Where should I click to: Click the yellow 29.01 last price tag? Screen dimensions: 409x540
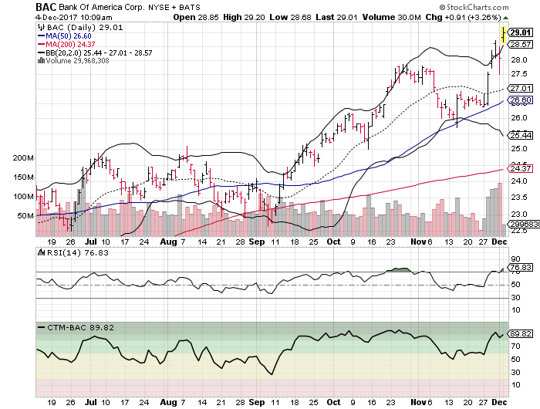coord(521,32)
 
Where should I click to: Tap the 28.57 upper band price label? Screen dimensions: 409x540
coord(521,45)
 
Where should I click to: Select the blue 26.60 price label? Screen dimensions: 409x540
coord(521,100)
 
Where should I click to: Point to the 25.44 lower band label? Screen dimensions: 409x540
coord(521,135)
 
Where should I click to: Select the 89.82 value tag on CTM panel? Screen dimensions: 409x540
coord(521,333)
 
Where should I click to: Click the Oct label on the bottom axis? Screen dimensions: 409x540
coord(333,402)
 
